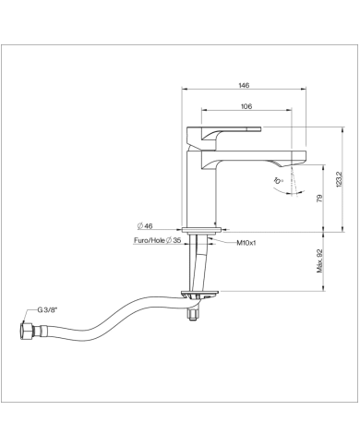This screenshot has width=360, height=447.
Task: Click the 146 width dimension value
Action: point(244,85)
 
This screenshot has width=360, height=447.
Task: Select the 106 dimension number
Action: point(246,106)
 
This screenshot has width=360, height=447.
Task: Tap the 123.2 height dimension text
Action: point(339,179)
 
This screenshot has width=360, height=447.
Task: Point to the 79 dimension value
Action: point(320,198)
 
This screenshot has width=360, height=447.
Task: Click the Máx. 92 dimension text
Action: point(320,260)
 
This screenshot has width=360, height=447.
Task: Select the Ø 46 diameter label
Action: point(145,226)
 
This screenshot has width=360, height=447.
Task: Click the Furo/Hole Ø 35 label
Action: point(157,240)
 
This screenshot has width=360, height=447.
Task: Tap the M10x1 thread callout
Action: point(246,243)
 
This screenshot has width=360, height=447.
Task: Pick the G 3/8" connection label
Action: point(47,310)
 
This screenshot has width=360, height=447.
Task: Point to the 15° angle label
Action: point(278,180)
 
